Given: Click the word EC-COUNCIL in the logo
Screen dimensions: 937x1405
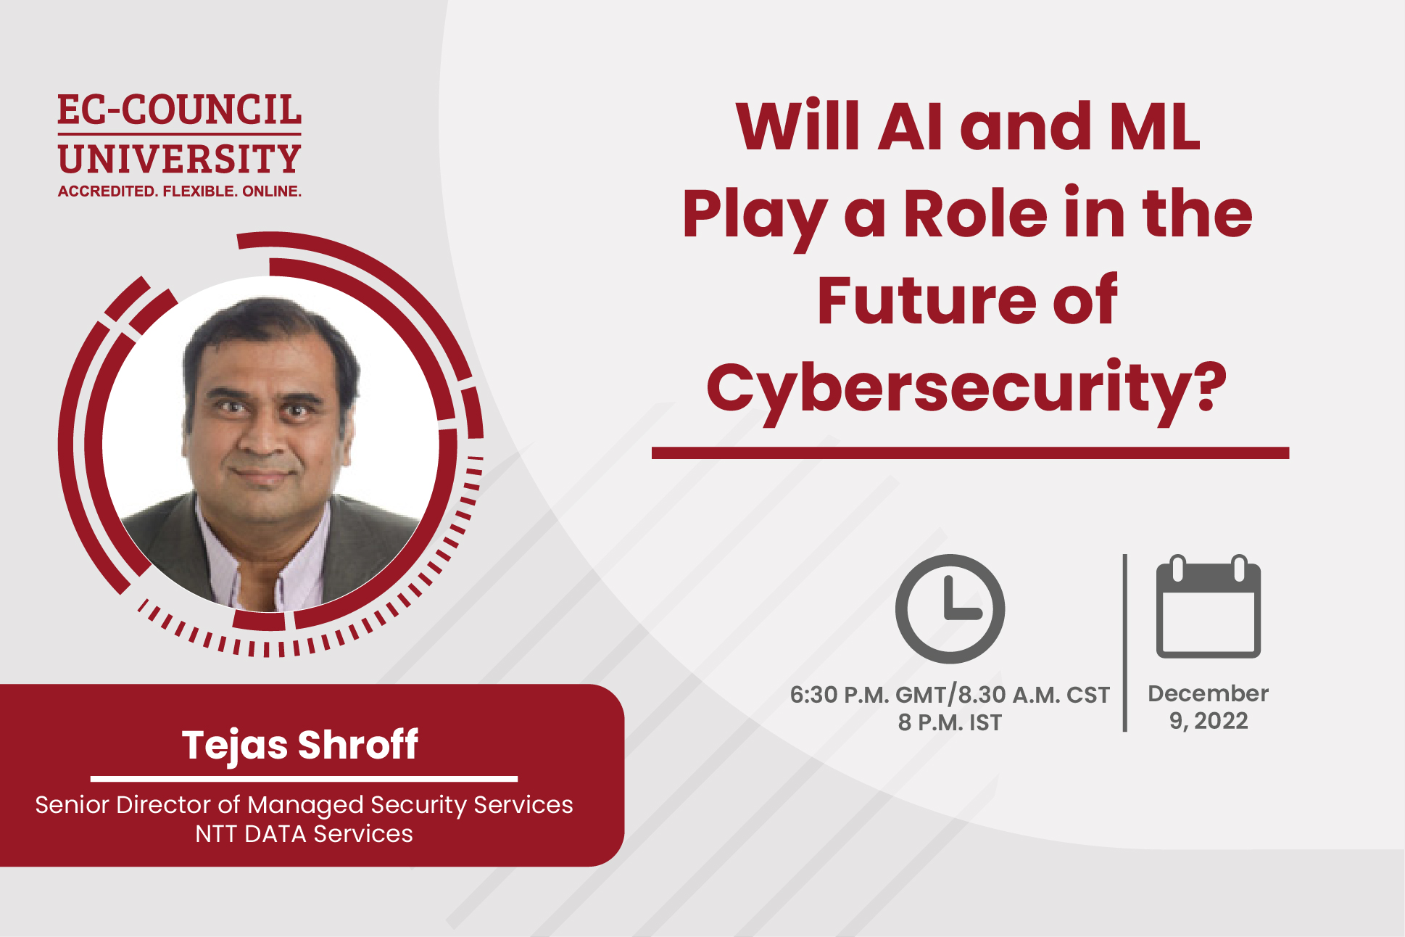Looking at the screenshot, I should (179, 110).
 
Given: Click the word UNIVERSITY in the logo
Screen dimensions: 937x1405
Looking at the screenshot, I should (179, 160).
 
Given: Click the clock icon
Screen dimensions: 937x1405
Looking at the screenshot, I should (950, 608).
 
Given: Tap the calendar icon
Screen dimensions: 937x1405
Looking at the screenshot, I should (1208, 607).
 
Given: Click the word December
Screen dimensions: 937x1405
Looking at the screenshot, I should (1208, 693).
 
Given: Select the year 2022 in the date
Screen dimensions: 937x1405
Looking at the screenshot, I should (1221, 721).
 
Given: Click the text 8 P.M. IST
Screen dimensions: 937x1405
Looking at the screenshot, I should (950, 723).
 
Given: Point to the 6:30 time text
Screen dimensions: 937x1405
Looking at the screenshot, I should (813, 695).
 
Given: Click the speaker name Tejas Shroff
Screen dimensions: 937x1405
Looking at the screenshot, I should (300, 745).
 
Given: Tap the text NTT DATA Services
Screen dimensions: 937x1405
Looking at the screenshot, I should (304, 834).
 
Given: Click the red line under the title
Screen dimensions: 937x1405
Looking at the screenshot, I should (970, 453).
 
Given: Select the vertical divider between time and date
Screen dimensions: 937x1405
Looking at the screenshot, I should (1124, 643).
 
